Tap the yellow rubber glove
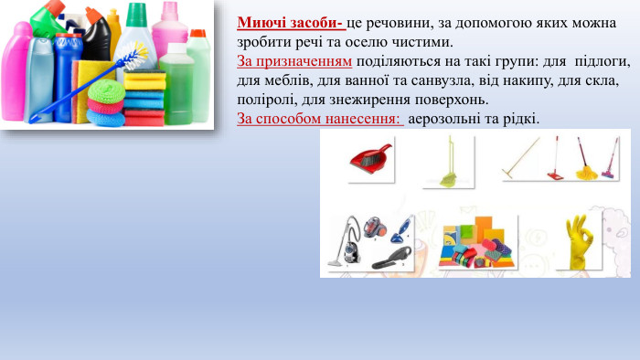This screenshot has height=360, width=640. click(579, 240)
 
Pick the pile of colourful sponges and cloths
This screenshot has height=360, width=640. click(475, 246)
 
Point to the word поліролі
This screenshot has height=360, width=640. click(265, 100)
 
